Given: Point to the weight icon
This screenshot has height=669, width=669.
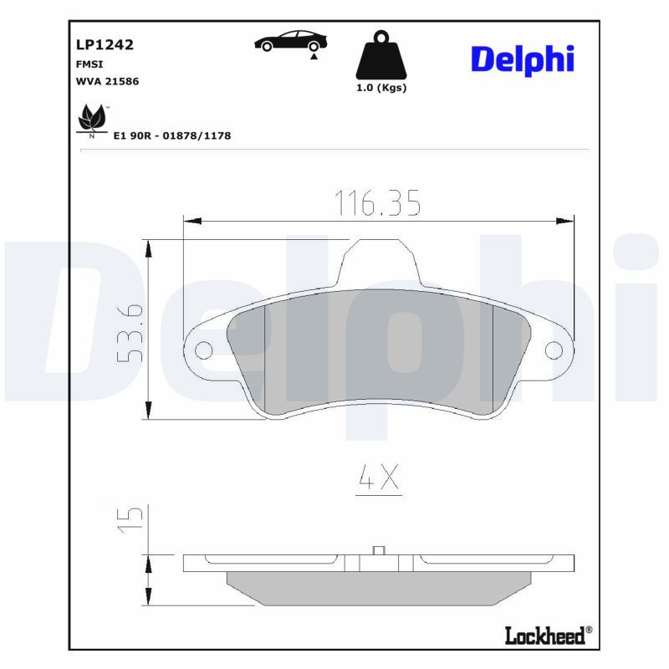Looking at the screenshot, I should pos(380,56).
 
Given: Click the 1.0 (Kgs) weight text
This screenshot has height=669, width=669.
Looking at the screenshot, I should pos(380,88).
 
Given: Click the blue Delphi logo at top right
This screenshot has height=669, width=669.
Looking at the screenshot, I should pos(523,59).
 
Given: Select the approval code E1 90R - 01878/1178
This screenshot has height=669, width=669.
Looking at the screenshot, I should pos(171,135).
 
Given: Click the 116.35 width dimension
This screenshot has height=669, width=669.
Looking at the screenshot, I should pos(377,203).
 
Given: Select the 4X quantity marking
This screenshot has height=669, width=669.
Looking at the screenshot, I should pos(379,477).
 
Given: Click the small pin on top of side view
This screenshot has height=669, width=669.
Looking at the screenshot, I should pos(378,550).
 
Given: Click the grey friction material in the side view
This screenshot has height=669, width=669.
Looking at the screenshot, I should pos(378,589).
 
